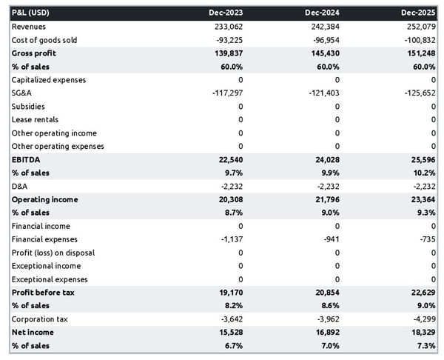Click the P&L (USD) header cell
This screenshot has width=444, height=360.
tap(31, 13)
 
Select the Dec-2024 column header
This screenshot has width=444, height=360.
tap(323, 13)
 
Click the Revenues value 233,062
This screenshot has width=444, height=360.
tap(226, 27)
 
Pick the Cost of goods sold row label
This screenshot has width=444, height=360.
tap(44, 40)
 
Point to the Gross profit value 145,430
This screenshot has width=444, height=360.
tap(324, 53)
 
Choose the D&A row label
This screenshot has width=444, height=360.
tap(20, 186)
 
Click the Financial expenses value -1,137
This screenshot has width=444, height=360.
tap(230, 239)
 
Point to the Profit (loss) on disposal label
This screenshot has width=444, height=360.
tap(53, 253)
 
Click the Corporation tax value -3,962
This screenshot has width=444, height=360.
tap(326, 319)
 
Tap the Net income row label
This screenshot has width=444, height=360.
tap(33, 333)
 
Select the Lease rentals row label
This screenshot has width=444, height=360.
tap(36, 119)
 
